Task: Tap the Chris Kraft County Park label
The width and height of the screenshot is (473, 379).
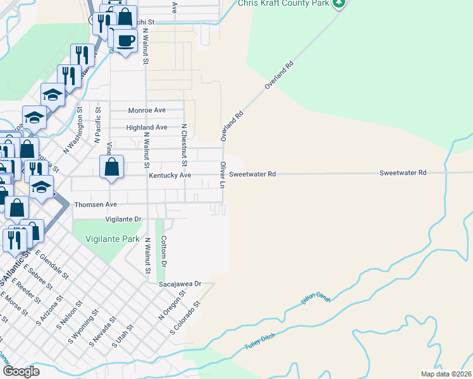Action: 285,3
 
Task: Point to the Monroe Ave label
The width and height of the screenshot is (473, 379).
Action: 147,110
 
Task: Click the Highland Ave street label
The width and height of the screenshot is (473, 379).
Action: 147,127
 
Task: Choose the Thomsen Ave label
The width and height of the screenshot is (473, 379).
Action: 95,205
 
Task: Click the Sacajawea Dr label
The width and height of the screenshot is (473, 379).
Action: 179,284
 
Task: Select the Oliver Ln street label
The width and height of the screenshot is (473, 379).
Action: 223,174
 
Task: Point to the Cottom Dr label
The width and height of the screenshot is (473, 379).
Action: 163,251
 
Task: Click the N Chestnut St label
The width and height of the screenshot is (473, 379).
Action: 184,145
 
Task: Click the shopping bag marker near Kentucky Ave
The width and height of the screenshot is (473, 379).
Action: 111,168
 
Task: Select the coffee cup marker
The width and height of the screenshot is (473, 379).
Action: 126,40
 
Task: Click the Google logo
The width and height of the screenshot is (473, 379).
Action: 20,371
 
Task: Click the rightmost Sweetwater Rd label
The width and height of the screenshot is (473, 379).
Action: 403,172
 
